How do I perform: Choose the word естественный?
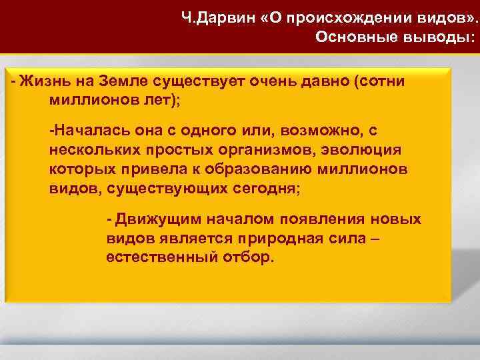coord(159,258)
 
